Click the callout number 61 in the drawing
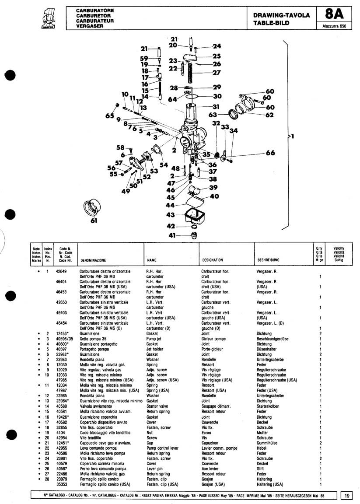pyautogui.click(x=94, y=221)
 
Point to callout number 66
pyautogui.click(x=270, y=153)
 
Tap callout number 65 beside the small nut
pyautogui.click(x=109, y=116)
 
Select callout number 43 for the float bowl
pyautogui.click(x=171, y=215)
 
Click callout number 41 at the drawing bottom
pyautogui.click(x=172, y=235)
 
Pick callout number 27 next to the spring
pyautogui.click(x=217, y=73)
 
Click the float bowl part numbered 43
pyautogui.click(x=193, y=216)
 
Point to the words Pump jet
pyautogui.click(x=154, y=339)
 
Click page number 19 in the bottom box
pyautogui.click(x=346, y=496)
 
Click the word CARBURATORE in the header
pyautogui.click(x=95, y=9)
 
